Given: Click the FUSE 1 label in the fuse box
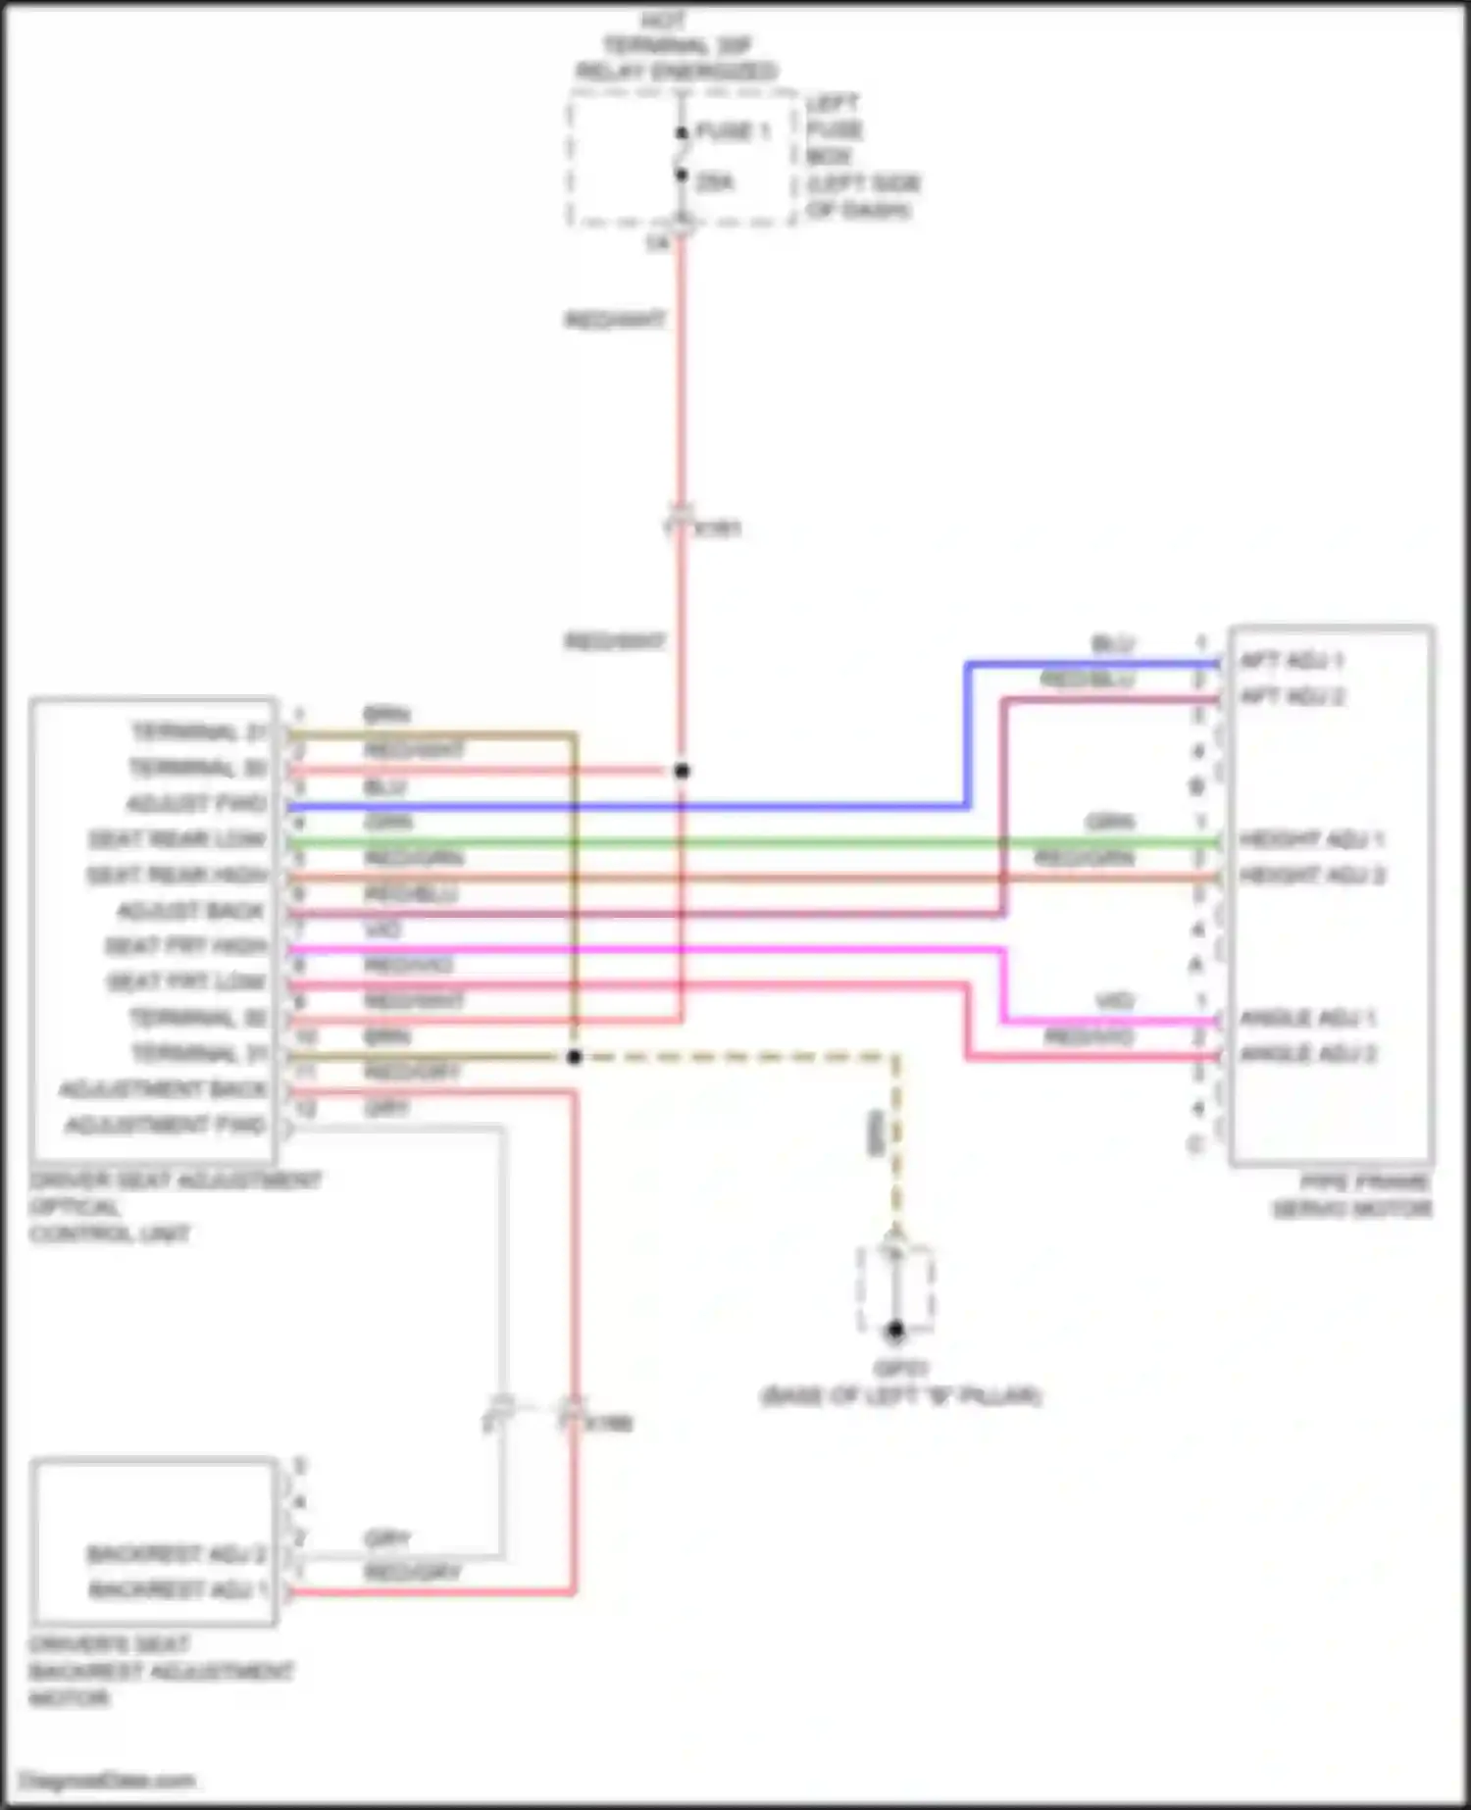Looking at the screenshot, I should [x=733, y=131].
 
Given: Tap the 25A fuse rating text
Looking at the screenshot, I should [x=715, y=182].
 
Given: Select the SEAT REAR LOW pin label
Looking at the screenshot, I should [x=178, y=839].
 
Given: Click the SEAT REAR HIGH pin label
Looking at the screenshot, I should [x=178, y=875].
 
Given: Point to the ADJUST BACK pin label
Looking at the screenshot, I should [x=191, y=911].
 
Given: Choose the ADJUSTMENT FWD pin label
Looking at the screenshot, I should [x=166, y=1125].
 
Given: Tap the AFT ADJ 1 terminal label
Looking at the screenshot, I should [x=1292, y=660].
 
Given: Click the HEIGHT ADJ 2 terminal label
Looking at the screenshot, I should [x=1312, y=875].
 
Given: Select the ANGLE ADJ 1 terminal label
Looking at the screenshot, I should [x=1308, y=1018].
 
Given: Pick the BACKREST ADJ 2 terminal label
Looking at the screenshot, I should [x=177, y=1554].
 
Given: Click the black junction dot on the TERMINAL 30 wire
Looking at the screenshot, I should [x=682, y=771].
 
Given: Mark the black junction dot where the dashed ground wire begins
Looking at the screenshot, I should [x=575, y=1057].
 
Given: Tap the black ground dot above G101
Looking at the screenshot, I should [x=894, y=1331].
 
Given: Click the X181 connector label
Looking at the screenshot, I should [x=719, y=528].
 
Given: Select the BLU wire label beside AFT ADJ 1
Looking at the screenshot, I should [x=1113, y=644].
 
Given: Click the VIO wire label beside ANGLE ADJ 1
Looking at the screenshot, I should [x=1114, y=1001].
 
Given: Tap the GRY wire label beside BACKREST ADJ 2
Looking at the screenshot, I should [x=387, y=1538].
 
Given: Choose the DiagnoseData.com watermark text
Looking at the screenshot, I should [x=108, y=1781].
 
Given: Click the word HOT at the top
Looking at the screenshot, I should [x=664, y=21].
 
